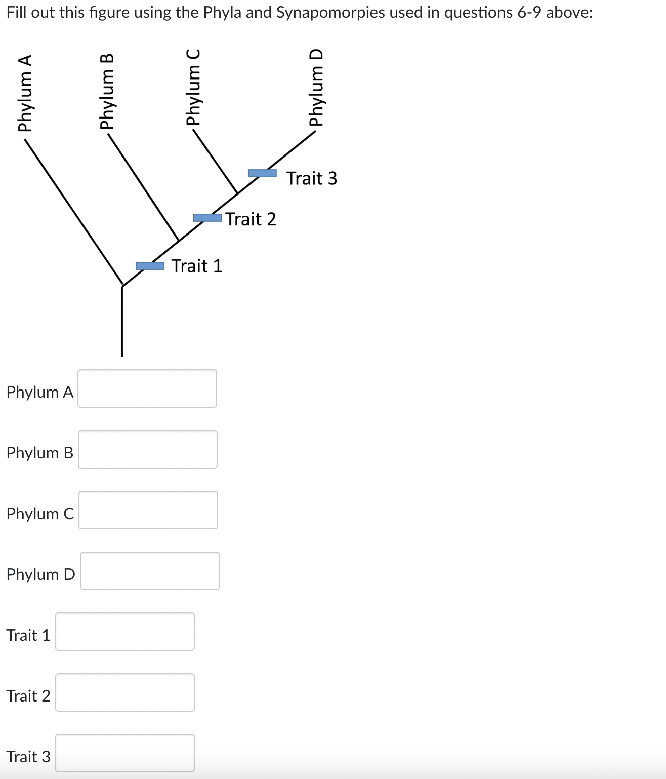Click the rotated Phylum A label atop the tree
point(25,93)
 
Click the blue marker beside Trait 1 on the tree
point(150,266)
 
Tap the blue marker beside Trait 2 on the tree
point(207,218)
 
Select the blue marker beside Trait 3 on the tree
point(262,173)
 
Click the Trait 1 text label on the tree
point(197,266)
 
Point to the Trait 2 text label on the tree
point(251,219)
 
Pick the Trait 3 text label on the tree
point(312,178)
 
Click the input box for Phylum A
point(147,388)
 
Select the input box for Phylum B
point(148,449)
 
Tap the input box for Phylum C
point(148,510)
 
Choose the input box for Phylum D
point(150,571)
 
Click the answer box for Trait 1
point(125,632)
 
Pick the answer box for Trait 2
point(125,692)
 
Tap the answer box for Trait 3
point(125,753)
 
